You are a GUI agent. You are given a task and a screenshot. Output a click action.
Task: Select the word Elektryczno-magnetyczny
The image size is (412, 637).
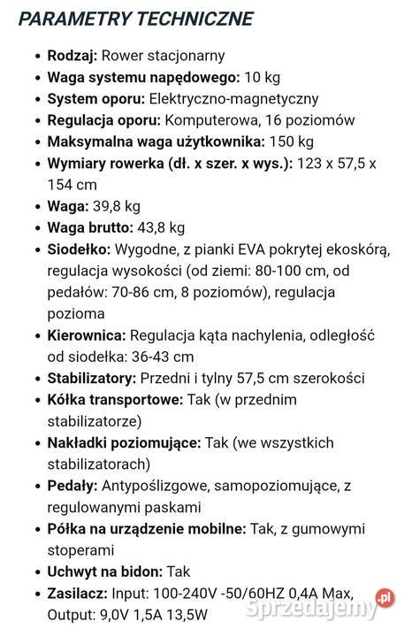pyautogui.click(x=233, y=99)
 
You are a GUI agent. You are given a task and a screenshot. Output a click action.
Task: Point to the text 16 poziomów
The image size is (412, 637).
pyautogui.click(x=309, y=120)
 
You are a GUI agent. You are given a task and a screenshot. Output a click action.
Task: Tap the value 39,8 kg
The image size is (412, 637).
pyautogui.click(x=117, y=206)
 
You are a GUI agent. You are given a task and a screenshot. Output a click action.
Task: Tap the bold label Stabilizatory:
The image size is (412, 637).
pyautogui.click(x=90, y=378)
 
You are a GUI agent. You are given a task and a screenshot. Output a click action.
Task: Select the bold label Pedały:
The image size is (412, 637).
pyautogui.click(x=72, y=486)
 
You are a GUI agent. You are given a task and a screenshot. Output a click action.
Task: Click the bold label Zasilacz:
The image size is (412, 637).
pyautogui.click(x=77, y=593)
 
